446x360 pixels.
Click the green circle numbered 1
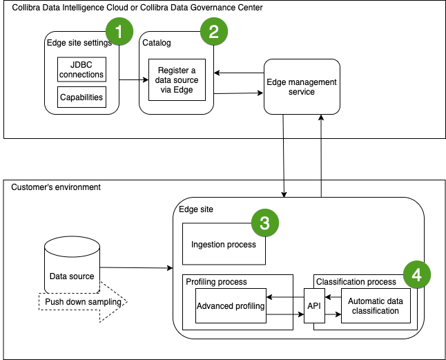tap(119, 31)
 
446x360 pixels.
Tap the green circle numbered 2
tap(213, 31)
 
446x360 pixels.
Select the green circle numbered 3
tap(264, 222)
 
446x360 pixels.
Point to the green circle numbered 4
tap(416, 273)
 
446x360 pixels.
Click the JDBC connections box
tap(81, 70)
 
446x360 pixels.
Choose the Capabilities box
tap(81, 97)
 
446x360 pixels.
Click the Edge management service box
tap(302, 87)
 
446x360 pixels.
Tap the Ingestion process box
tap(224, 244)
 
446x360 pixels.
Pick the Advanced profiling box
tap(231, 306)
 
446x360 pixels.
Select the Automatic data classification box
tap(373, 306)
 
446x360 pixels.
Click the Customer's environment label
tap(56, 187)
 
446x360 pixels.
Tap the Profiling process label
tap(216, 282)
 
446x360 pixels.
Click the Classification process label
tap(356, 282)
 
